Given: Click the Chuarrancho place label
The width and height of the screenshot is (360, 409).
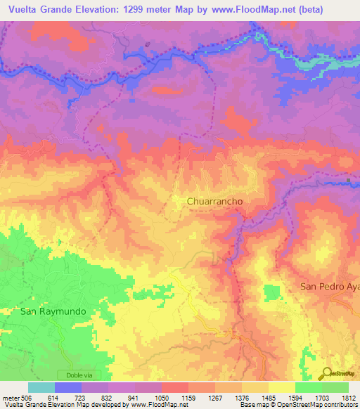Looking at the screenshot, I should coord(214,201).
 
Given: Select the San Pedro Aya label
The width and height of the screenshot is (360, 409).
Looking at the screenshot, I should coord(329,287).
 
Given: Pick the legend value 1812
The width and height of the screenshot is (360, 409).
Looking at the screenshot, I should coord(349,397).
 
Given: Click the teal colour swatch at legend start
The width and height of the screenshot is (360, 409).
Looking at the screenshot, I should coord(41,387).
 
